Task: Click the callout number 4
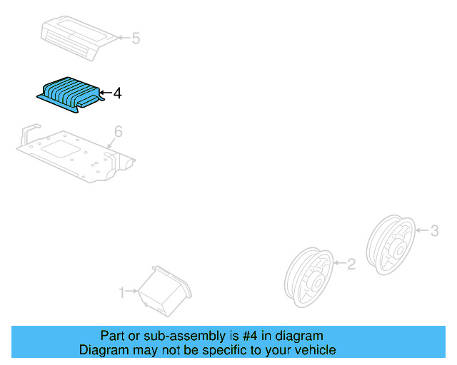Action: [x=117, y=93]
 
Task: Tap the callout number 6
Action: [x=119, y=131]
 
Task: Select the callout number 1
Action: [x=121, y=292]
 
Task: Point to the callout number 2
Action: [x=351, y=264]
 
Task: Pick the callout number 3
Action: [x=434, y=230]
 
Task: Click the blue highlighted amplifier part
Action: [x=70, y=93]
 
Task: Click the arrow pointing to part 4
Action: [x=105, y=93]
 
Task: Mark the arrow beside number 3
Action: [x=421, y=230]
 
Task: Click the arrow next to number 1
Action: [x=132, y=292]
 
